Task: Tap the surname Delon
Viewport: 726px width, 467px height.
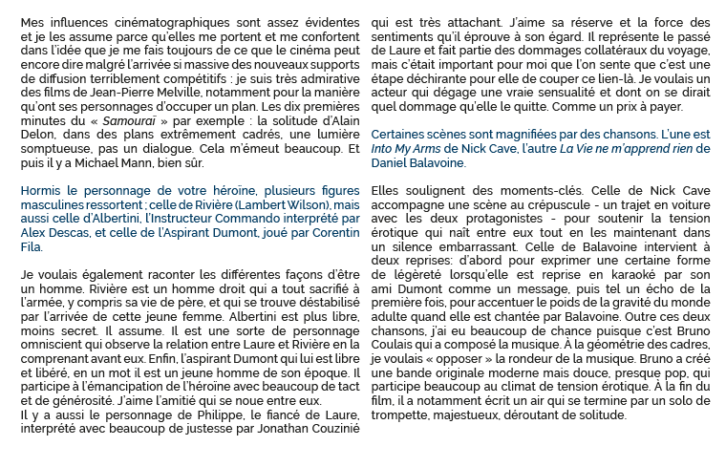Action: tap(38, 147)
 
